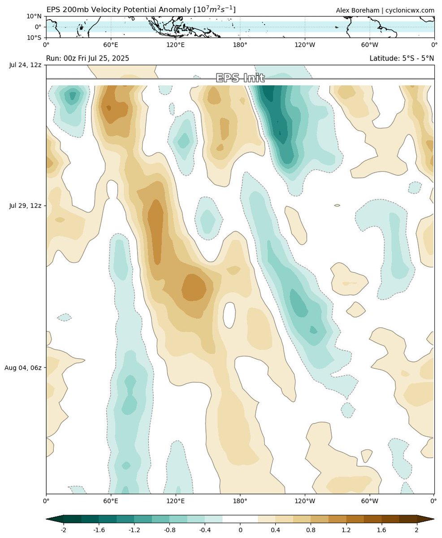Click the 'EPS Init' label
tap(240, 78)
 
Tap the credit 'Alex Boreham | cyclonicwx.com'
tap(385, 10)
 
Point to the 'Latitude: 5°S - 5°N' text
tap(402, 58)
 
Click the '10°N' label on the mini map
tap(35, 16)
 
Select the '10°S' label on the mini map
tap(35, 38)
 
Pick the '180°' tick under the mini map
tap(240, 45)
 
